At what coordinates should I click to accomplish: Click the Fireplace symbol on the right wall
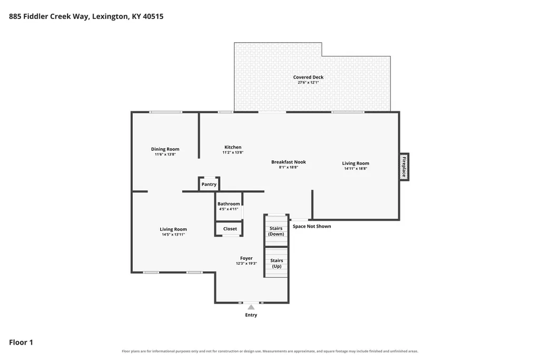404,167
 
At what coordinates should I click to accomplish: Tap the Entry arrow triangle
251,307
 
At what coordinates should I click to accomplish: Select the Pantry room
209,184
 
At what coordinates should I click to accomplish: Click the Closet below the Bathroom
229,229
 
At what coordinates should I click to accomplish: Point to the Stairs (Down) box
276,230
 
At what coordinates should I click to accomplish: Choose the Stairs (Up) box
276,263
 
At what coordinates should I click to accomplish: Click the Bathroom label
229,203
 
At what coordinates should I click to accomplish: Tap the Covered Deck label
308,77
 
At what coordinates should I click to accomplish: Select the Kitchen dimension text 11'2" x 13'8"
233,152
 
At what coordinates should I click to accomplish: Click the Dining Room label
165,149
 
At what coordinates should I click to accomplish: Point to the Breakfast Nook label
289,162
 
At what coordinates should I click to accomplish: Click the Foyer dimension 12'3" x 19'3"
246,264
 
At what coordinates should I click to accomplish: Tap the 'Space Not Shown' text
312,226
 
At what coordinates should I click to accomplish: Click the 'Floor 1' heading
21,342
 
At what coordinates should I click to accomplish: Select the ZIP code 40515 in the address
153,16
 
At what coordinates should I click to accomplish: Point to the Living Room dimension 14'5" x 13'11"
173,235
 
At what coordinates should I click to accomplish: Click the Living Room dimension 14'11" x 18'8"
356,169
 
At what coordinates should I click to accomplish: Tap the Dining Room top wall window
165,112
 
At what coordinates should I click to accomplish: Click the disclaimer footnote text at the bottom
270,352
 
